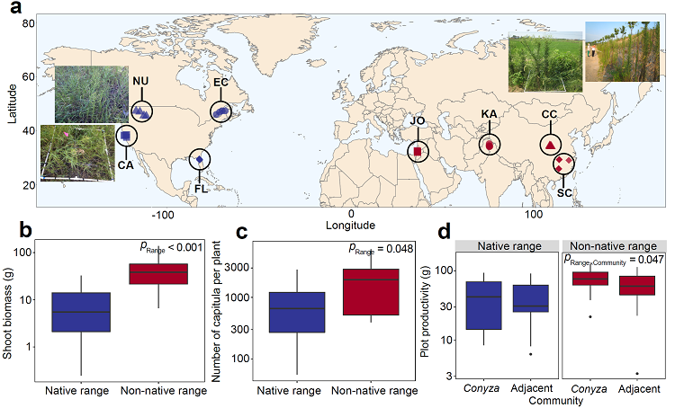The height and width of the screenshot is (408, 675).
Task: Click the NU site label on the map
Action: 140,82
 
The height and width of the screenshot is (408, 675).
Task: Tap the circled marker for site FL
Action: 200,160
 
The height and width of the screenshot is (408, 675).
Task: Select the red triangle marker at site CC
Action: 550,145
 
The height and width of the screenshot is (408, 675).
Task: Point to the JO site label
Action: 418,122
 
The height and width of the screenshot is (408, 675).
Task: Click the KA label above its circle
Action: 489,115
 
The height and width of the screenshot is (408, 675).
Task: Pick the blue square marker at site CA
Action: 126,136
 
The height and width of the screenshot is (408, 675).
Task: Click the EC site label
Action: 220,83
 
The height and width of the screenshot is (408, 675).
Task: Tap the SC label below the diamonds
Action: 563,191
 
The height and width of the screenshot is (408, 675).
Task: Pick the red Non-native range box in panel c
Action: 371,291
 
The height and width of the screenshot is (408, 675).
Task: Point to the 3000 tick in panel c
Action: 238,267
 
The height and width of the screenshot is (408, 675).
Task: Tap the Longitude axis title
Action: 351,226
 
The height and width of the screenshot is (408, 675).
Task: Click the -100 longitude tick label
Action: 162,216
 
